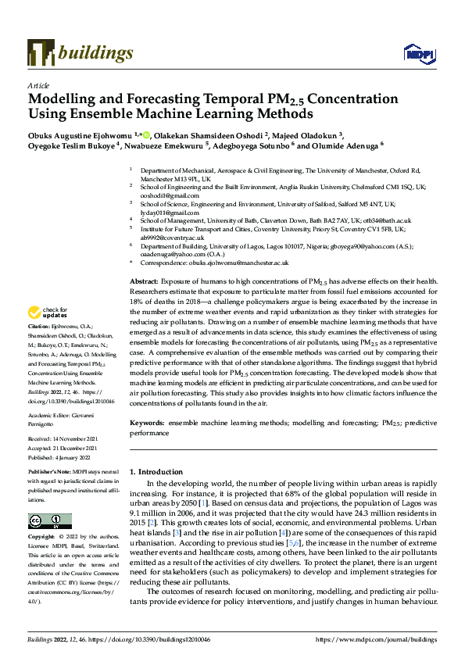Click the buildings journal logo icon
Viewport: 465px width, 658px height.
click(x=41, y=52)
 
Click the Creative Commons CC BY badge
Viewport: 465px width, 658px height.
click(x=50, y=520)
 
